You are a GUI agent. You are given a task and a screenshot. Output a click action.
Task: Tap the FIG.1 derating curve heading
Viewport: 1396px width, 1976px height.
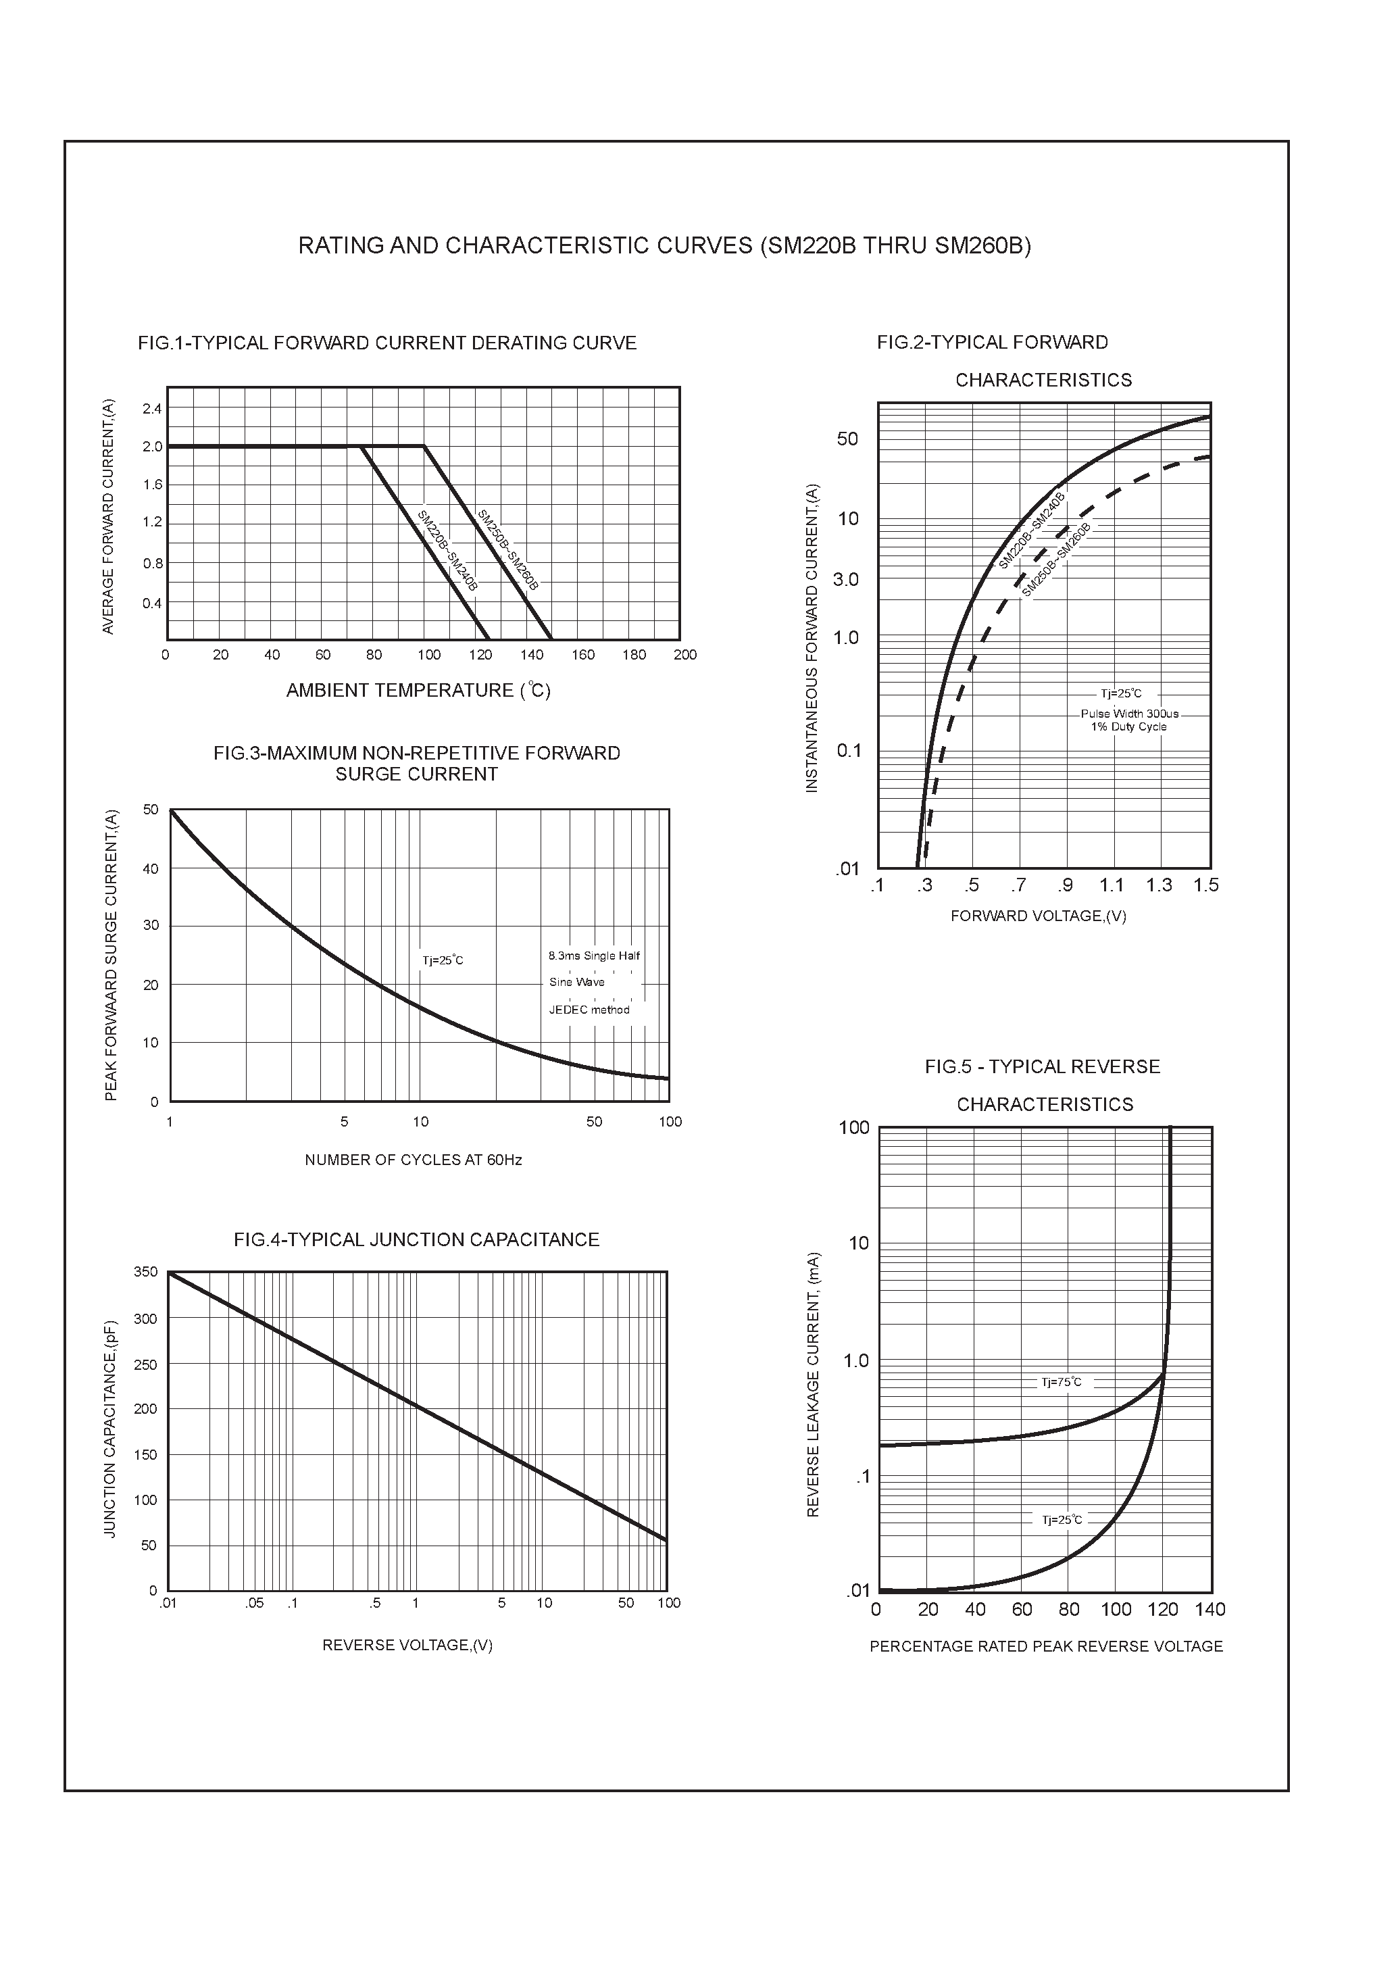(x=387, y=343)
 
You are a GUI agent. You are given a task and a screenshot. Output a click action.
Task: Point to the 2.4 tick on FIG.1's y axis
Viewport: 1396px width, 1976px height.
(x=152, y=409)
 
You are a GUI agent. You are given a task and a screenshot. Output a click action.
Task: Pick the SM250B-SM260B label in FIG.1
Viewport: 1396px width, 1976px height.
(x=508, y=550)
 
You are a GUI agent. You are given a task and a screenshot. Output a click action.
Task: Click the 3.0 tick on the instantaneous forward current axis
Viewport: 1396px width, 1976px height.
(x=846, y=580)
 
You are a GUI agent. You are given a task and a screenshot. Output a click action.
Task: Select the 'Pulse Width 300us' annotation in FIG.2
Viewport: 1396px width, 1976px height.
(x=1129, y=714)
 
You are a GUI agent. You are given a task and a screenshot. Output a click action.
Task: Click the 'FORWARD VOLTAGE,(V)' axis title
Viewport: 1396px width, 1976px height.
(x=1038, y=916)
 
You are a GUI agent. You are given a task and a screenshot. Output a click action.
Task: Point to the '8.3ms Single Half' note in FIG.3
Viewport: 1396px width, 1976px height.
(x=594, y=956)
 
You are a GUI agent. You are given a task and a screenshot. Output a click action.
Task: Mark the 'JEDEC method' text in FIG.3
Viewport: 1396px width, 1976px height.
(x=590, y=1010)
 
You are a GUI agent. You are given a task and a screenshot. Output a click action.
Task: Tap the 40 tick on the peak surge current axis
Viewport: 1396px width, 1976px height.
(x=151, y=869)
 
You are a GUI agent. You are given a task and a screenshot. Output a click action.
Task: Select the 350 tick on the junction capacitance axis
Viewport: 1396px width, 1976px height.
(x=147, y=1272)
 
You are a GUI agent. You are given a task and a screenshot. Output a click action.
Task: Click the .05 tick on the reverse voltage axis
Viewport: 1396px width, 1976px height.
(x=254, y=1604)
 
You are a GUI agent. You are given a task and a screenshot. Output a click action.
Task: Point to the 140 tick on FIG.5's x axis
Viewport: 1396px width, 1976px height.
(x=1210, y=1610)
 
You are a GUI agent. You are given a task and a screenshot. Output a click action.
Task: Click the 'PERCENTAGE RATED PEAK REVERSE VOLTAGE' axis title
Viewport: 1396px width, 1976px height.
(x=1046, y=1646)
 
